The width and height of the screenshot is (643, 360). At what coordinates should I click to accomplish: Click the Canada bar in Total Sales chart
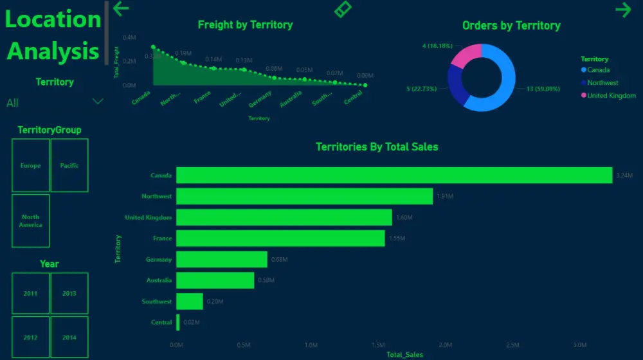coord(394,175)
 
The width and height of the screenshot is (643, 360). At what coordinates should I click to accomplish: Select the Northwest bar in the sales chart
coord(304,196)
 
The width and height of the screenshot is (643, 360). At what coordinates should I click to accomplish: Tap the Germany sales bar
coord(221,259)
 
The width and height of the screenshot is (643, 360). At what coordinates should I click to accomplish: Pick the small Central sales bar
coord(177,322)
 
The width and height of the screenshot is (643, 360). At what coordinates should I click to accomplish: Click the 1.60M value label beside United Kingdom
coord(404,218)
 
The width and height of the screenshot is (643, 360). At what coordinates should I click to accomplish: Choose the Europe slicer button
coord(30,165)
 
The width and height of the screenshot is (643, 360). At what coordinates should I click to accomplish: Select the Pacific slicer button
coord(69,165)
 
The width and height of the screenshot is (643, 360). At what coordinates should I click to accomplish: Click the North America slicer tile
coord(30,221)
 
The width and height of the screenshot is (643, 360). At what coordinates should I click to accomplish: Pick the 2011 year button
coord(30,293)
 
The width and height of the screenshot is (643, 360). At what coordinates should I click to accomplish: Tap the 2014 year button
coord(69,337)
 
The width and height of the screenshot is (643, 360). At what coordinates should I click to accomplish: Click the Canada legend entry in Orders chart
coord(598,70)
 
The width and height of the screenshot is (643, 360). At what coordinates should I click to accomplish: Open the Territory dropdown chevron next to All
coord(98,102)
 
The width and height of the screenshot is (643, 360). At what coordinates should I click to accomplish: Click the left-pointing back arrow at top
coord(121,9)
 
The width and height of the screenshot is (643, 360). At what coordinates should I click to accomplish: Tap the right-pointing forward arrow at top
coord(622,9)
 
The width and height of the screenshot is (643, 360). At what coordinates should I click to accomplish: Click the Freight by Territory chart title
coord(245,25)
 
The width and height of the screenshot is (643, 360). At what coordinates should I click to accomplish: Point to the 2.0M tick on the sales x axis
coord(446,345)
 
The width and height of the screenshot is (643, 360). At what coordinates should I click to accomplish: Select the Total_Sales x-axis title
coord(404,355)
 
